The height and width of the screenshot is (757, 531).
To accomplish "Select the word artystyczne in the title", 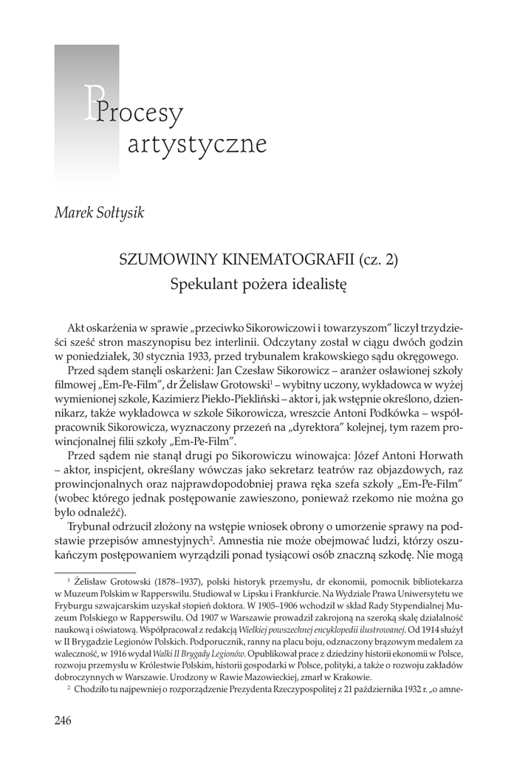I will click(196, 143).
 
